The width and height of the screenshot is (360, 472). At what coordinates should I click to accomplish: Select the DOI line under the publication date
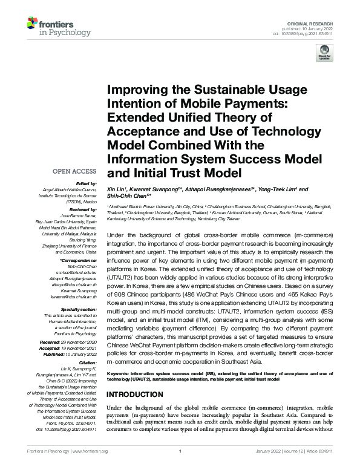[x=300, y=34]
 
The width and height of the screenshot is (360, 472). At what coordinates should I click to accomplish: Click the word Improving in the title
[x=139, y=90]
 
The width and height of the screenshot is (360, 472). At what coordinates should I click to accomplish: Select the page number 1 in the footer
[x=180, y=468]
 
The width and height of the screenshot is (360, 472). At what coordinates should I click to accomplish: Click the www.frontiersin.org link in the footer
[x=90, y=468]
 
